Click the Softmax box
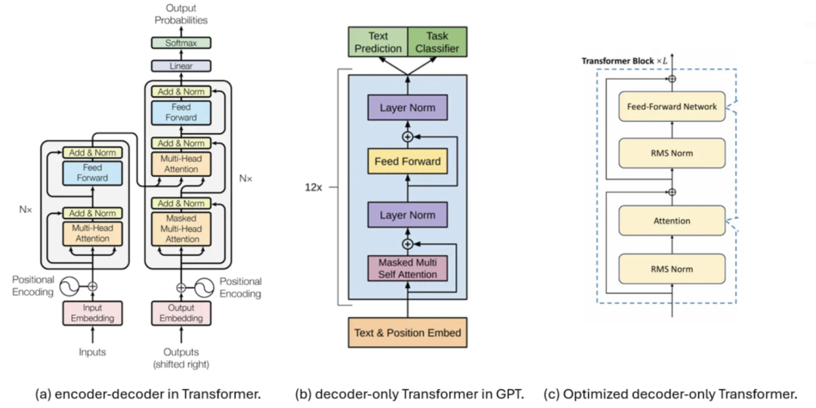point(181,43)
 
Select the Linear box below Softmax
point(181,66)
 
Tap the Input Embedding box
point(92,313)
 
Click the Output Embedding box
point(181,313)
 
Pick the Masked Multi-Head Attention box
point(181,228)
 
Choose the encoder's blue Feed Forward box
point(92,173)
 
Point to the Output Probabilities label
point(181,14)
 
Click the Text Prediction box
point(377,42)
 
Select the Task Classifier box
point(437,42)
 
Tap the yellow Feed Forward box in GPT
point(407,161)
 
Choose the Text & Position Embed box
point(407,332)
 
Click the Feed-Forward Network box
point(672,107)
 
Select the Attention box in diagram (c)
point(672,221)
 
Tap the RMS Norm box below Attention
point(672,269)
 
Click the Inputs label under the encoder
point(92,352)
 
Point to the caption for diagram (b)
point(409,394)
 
